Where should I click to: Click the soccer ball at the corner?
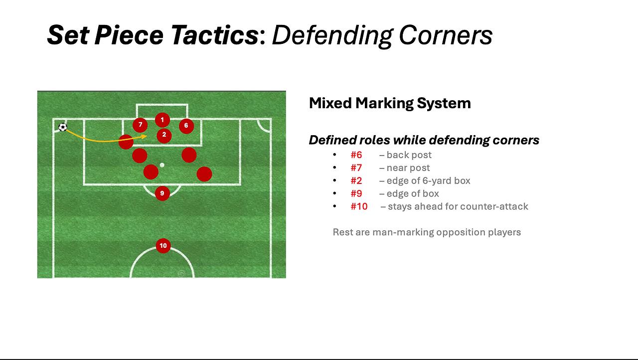(63, 127)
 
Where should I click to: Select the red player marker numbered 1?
(162, 120)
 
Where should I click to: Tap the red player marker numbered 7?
(140, 125)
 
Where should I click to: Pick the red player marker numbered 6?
(186, 126)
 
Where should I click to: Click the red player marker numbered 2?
(164, 136)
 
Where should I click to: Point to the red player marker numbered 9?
(162, 193)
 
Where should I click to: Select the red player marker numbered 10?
(163, 246)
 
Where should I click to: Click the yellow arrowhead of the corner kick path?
(145, 137)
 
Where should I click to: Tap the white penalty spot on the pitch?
(162, 165)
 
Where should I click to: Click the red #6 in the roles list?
(356, 155)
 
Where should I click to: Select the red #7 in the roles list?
(356, 168)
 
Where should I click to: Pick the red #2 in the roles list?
(356, 180)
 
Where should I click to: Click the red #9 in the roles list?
(356, 193)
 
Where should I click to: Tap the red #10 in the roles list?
(359, 206)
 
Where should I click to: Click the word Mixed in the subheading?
(330, 103)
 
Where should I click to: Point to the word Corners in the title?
(446, 35)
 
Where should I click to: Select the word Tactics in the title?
(215, 35)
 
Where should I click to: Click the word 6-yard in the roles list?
(440, 181)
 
